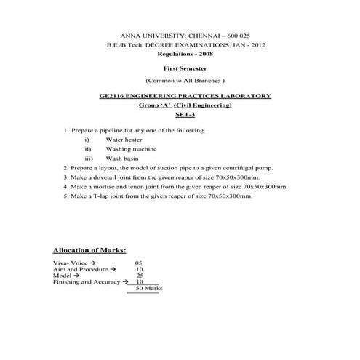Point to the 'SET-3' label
pos(185,115)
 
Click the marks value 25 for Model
pos(140,276)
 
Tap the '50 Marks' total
pos(145,289)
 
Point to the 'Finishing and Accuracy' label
pos(86,282)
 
